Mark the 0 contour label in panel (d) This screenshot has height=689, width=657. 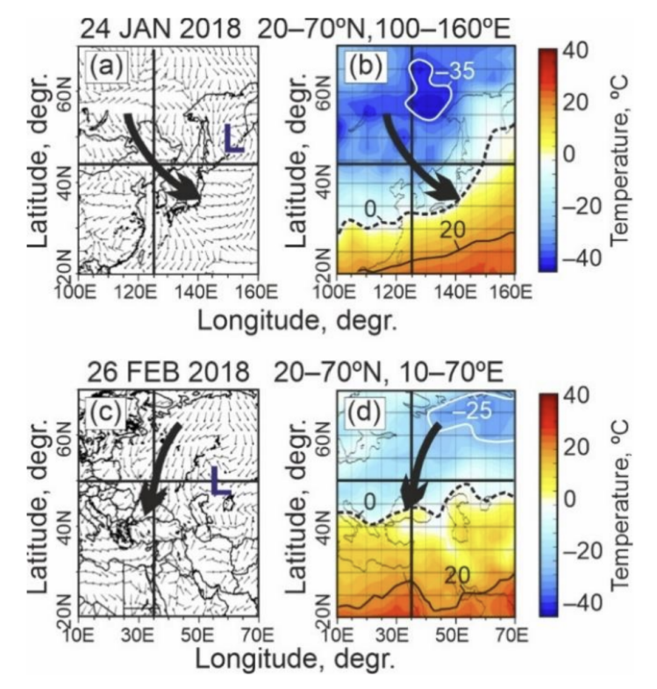[369, 501]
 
